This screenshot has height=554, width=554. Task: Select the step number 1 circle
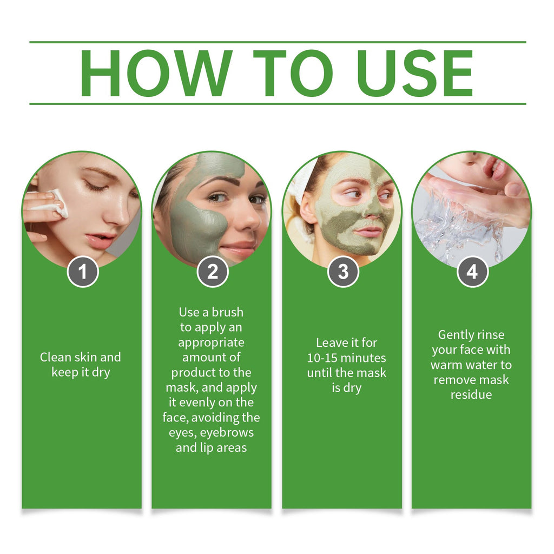82,272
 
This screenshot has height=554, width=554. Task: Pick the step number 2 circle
213,272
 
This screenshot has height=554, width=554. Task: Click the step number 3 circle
343,272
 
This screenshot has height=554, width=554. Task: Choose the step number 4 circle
473,272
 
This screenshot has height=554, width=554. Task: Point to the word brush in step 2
227,312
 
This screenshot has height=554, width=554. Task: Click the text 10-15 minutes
347,358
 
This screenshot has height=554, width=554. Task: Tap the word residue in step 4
471,394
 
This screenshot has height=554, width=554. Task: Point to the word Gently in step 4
456,334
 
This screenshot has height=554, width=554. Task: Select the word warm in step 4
446,365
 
